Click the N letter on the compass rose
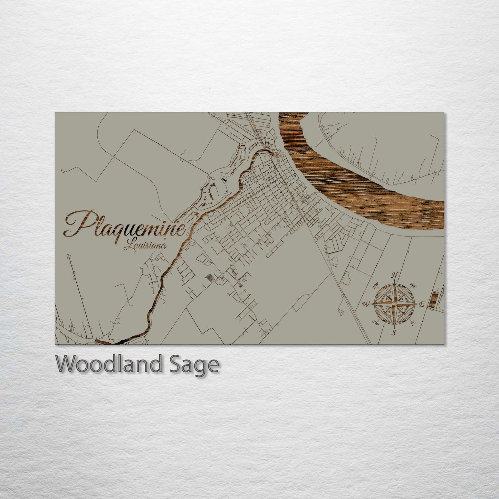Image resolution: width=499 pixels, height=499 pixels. coord(394,275)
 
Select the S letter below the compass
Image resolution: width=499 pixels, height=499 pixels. coord(394,333)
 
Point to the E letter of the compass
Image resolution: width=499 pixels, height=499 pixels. coord(422,304)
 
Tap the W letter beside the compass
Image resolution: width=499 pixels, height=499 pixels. coord(365,304)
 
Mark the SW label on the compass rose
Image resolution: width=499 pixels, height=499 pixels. coord(376,323)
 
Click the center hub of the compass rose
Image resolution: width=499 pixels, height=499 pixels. coord(394,304)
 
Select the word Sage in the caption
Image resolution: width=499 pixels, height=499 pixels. coord(193,365)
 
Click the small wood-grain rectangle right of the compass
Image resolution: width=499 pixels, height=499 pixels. coord(432,299)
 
